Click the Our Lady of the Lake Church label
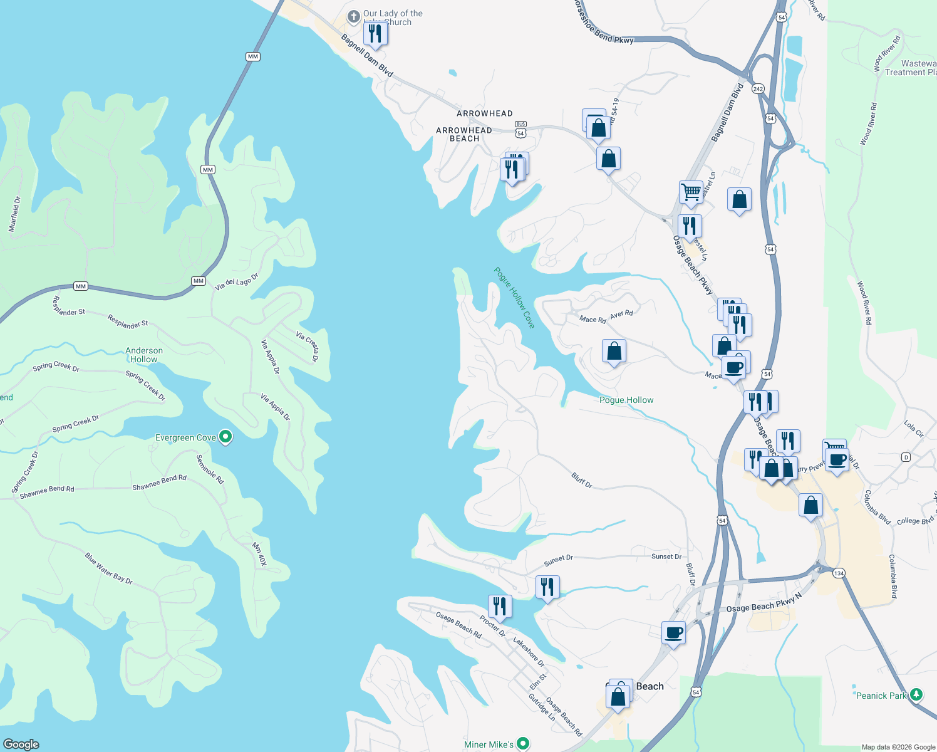(x=393, y=18)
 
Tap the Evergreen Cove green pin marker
(x=226, y=437)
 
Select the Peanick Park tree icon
(x=916, y=694)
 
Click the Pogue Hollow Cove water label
(x=514, y=298)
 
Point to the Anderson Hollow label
(x=144, y=355)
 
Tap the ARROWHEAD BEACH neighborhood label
(x=464, y=134)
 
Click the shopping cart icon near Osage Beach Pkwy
(x=691, y=192)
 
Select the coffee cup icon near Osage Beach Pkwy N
(x=674, y=632)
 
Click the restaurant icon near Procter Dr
(x=499, y=606)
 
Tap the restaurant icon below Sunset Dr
(x=547, y=587)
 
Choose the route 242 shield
(x=758, y=88)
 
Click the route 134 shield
(x=839, y=573)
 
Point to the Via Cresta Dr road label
(x=307, y=347)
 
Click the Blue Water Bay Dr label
(x=109, y=568)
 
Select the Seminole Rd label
(x=210, y=469)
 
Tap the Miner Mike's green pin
(x=523, y=744)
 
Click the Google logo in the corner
(x=21, y=744)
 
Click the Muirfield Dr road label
(x=14, y=214)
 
